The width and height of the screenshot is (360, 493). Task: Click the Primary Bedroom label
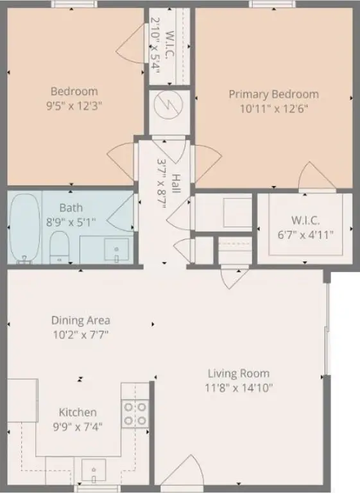coord(273,94)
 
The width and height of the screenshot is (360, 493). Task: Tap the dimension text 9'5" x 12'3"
coord(74,106)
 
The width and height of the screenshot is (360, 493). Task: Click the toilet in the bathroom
coord(59,248)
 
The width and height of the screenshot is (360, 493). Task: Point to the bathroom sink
coord(117,249)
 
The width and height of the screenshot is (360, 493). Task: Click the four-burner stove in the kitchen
coord(135,414)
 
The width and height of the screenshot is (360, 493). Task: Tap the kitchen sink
coord(94,471)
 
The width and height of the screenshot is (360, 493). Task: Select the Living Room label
coord(239,374)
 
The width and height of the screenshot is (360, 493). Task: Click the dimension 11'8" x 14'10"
coord(239,388)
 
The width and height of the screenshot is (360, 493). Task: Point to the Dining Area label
coord(81,320)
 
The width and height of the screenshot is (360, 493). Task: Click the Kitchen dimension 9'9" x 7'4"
coord(78,427)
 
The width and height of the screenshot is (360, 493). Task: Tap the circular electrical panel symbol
coord(169,105)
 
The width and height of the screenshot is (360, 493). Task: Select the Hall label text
coord(176,184)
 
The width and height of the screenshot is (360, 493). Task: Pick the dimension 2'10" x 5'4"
coord(155,46)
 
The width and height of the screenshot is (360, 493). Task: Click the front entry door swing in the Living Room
coord(180,472)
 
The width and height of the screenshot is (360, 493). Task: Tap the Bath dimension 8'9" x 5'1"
coord(71,222)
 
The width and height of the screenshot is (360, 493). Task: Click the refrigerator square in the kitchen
coord(22,401)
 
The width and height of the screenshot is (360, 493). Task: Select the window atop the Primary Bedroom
coord(273,4)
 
